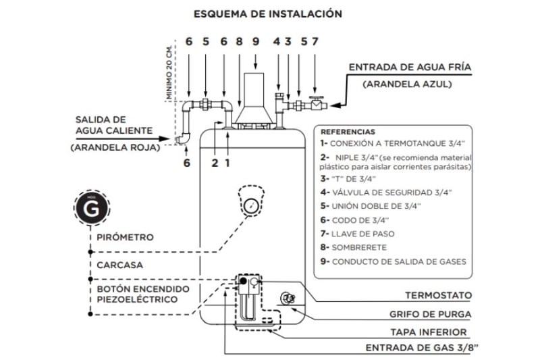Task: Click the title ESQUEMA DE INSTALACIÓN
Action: click(x=267, y=14)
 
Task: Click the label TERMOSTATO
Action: click(x=438, y=296)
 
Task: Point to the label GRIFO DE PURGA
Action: click(x=430, y=314)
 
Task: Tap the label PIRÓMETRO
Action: click(x=125, y=238)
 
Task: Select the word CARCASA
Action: click(x=119, y=265)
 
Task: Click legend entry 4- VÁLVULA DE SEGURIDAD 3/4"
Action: click(x=385, y=192)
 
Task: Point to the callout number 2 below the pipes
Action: click(x=215, y=162)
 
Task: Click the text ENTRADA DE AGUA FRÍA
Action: click(x=409, y=68)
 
